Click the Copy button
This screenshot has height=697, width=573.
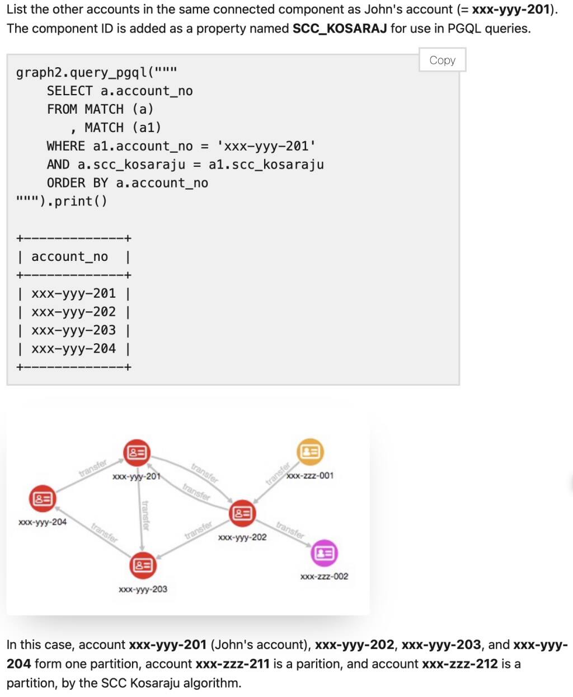point(442,60)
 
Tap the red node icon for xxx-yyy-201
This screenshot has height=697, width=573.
point(137,452)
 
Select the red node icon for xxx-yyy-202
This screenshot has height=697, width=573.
point(242,513)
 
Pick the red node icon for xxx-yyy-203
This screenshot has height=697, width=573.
point(143,565)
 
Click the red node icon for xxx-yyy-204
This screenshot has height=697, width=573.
point(43,498)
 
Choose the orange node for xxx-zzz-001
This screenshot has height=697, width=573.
point(310,451)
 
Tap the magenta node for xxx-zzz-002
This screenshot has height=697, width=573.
point(324,553)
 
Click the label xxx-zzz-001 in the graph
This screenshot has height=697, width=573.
point(310,476)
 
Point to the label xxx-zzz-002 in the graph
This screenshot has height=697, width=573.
point(324,577)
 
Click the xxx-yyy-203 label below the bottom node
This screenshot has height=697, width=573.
point(143,589)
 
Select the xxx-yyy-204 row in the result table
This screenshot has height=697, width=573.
point(73,349)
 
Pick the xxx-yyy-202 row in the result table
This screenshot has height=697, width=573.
point(73,312)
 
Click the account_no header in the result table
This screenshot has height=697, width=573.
point(69,256)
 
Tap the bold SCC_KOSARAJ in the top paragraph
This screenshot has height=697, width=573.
point(340,29)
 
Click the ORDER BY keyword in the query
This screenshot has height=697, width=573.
point(77,183)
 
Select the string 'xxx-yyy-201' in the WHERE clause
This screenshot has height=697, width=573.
point(266,147)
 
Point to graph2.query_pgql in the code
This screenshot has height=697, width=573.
point(81,72)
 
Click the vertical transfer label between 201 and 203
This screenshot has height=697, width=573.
point(145,515)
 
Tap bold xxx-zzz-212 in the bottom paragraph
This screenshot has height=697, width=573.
point(460,664)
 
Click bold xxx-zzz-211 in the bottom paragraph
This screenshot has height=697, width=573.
point(232,664)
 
